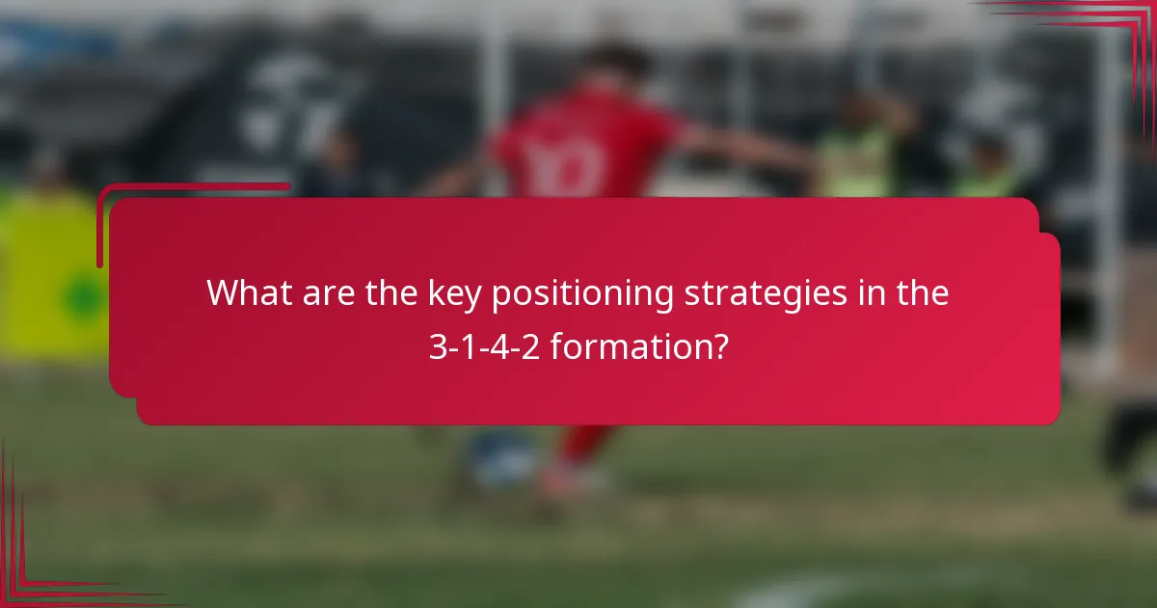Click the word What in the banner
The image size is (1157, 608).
click(246, 293)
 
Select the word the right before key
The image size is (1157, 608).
click(391, 293)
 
